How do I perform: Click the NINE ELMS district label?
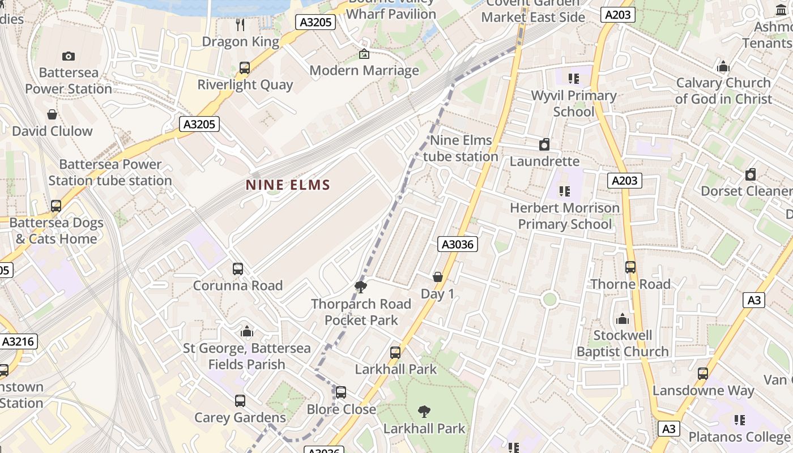(288, 185)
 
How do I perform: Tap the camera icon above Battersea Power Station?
(69, 56)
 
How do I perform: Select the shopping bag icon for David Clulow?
(52, 114)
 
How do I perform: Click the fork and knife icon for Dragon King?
(240, 24)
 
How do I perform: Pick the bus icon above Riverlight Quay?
(245, 68)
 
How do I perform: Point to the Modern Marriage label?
(364, 70)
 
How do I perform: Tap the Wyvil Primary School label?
(573, 104)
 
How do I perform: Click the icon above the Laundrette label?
(544, 144)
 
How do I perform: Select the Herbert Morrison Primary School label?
(565, 216)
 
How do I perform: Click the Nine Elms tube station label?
(461, 148)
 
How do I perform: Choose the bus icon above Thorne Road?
(630, 267)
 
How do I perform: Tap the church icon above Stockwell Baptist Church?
(623, 319)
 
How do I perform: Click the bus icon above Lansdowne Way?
(703, 374)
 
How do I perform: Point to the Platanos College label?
(739, 437)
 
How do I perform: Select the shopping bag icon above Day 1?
(438, 277)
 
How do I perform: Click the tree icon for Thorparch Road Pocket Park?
(361, 287)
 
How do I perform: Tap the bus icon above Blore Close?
(341, 392)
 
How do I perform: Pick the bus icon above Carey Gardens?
(240, 401)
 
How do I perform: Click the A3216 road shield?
(19, 341)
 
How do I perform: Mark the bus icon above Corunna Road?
(238, 269)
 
